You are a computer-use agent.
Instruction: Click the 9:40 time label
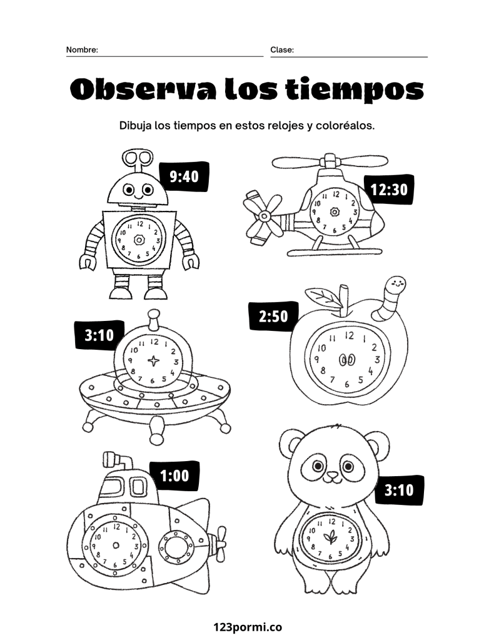[184, 176]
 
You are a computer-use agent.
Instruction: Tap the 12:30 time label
[389, 190]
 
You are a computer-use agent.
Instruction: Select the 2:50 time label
[273, 316]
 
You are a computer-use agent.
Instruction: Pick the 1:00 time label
[174, 475]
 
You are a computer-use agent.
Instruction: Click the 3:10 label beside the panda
[399, 489]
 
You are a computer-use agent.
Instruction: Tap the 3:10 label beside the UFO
[99, 335]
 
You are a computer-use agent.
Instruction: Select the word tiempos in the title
[354, 90]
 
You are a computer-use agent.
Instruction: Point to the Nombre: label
[82, 50]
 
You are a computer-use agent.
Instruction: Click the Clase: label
[282, 50]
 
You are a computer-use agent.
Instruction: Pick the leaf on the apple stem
[325, 297]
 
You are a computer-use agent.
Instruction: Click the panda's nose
[333, 475]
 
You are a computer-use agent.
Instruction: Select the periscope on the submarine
[116, 460]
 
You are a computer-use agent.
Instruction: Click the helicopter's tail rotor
[260, 216]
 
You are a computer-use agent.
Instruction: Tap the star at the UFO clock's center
[153, 361]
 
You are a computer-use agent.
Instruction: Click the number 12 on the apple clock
[349, 335]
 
